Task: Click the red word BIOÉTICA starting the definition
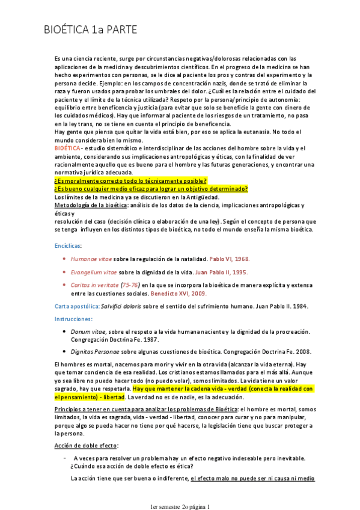click(67, 148)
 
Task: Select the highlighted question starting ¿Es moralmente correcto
click(130, 180)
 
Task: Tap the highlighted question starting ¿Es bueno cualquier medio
click(151, 189)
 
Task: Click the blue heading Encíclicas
click(68, 246)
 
